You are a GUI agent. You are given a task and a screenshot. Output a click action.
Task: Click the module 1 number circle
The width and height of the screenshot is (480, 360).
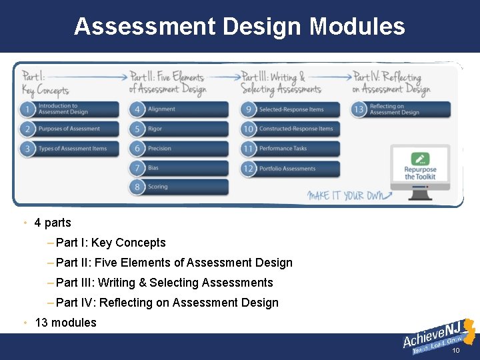[27, 109]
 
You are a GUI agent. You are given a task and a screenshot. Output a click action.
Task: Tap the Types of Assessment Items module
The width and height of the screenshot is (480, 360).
[72, 149]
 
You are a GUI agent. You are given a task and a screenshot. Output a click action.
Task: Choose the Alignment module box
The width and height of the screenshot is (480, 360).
[180, 109]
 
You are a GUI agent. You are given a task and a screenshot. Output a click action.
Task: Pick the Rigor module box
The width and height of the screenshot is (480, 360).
[180, 129]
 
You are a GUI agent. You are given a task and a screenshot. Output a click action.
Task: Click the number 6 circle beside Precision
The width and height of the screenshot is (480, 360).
[137, 149]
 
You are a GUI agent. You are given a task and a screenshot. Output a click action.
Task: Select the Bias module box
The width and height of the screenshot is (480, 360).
[180, 167]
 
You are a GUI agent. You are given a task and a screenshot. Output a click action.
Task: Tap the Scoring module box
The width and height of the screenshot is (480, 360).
[180, 187]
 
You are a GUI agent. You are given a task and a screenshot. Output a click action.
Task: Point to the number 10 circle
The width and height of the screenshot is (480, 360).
[249, 129]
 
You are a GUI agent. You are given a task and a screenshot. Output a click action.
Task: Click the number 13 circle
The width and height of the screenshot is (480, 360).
[359, 109]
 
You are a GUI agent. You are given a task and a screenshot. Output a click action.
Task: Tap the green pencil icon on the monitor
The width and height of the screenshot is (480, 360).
[420, 159]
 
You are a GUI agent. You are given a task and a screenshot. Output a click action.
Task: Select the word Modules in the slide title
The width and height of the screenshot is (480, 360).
[357, 27]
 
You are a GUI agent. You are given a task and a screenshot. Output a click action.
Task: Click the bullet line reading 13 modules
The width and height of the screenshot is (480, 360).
[65, 323]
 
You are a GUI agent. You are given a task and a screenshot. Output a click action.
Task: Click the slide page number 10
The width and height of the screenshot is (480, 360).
[456, 351]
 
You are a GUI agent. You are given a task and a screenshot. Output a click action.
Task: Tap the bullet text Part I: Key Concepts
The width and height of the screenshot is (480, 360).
[111, 243]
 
